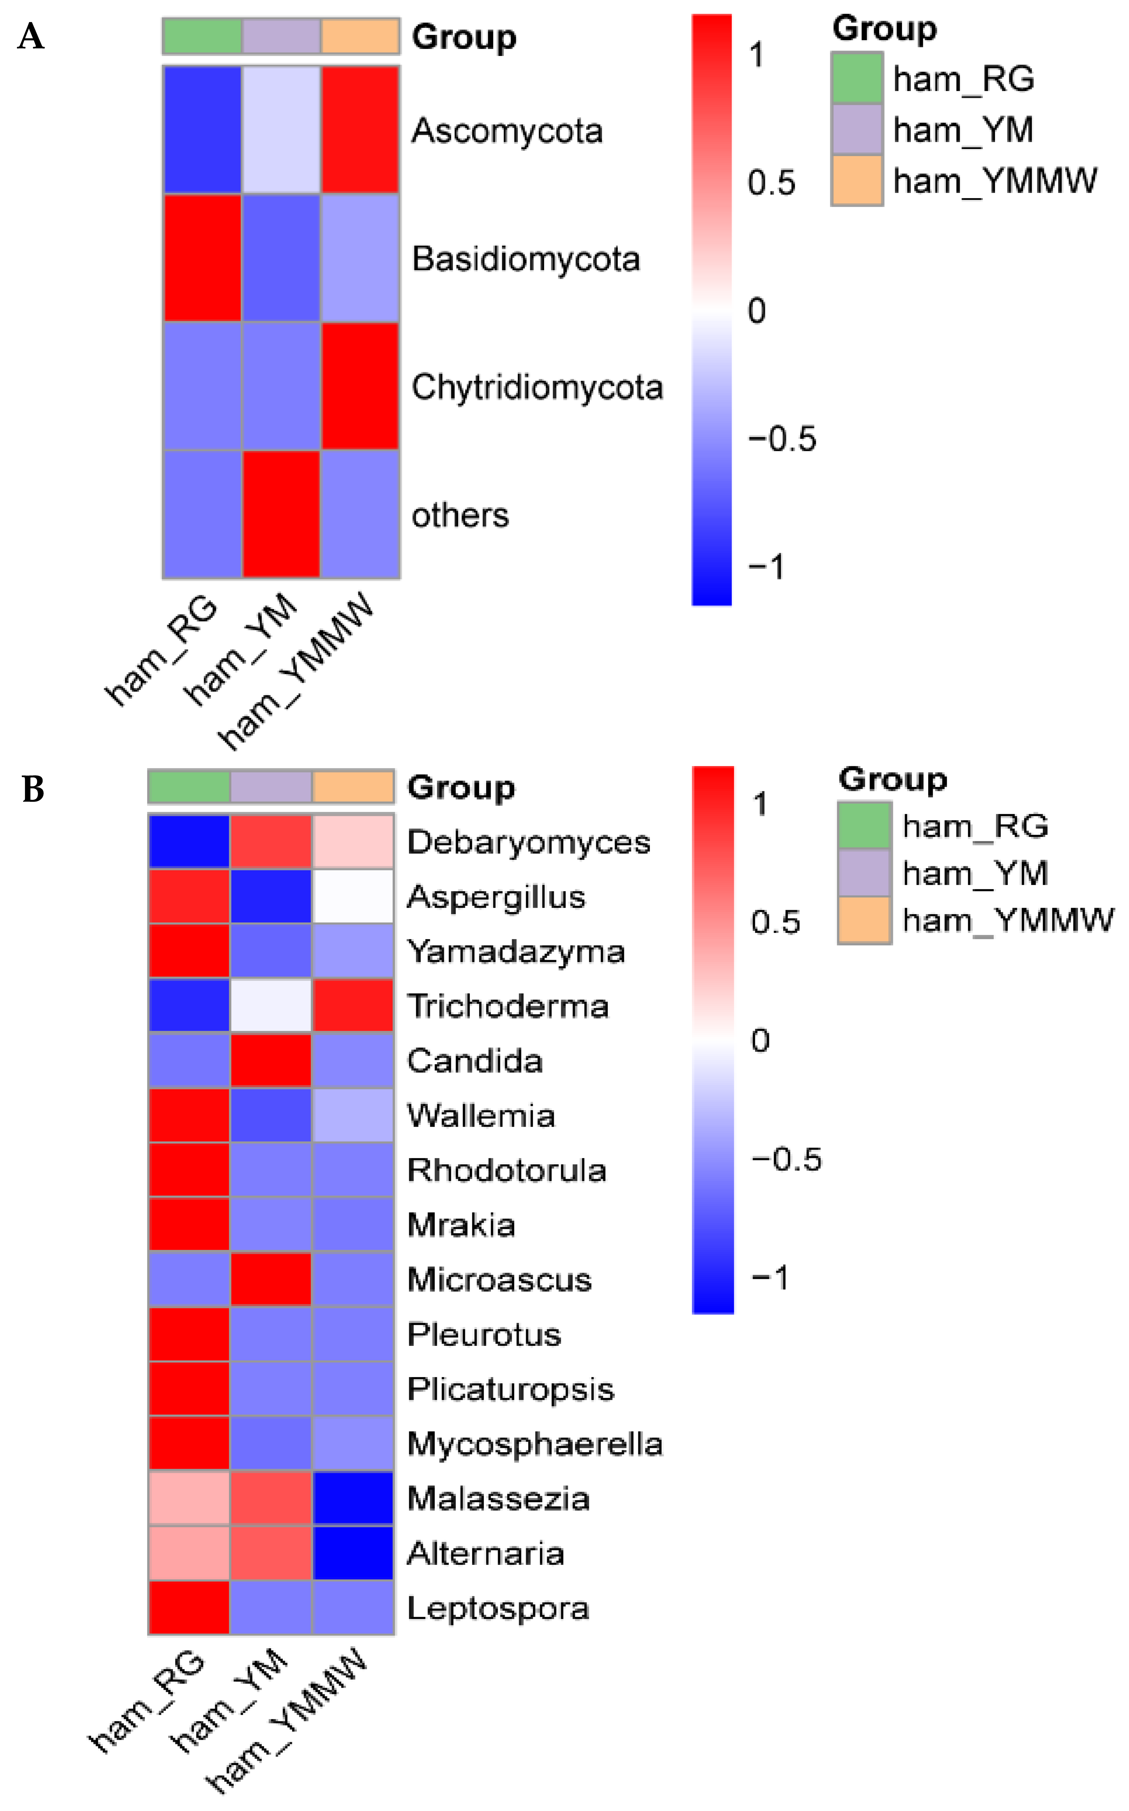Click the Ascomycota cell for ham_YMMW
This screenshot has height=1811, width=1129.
click(360, 130)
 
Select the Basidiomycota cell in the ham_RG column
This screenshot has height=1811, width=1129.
click(202, 258)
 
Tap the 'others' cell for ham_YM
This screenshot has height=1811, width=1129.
click(281, 514)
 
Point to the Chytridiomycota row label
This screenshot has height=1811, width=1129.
click(537, 387)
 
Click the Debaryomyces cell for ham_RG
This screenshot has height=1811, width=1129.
click(189, 841)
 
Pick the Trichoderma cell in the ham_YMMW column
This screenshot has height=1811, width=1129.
click(353, 1005)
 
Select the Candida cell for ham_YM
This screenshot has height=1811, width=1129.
click(271, 1060)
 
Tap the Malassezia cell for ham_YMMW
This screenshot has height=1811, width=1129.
click(353, 1497)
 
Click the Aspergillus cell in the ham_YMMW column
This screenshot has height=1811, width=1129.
click(353, 896)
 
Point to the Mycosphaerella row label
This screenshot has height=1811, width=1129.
click(535, 1443)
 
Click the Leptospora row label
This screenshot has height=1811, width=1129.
click(498, 1607)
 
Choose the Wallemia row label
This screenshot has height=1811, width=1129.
click(481, 1115)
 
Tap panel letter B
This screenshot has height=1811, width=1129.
click(33, 789)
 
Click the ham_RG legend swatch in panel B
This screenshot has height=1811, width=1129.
click(864, 825)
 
